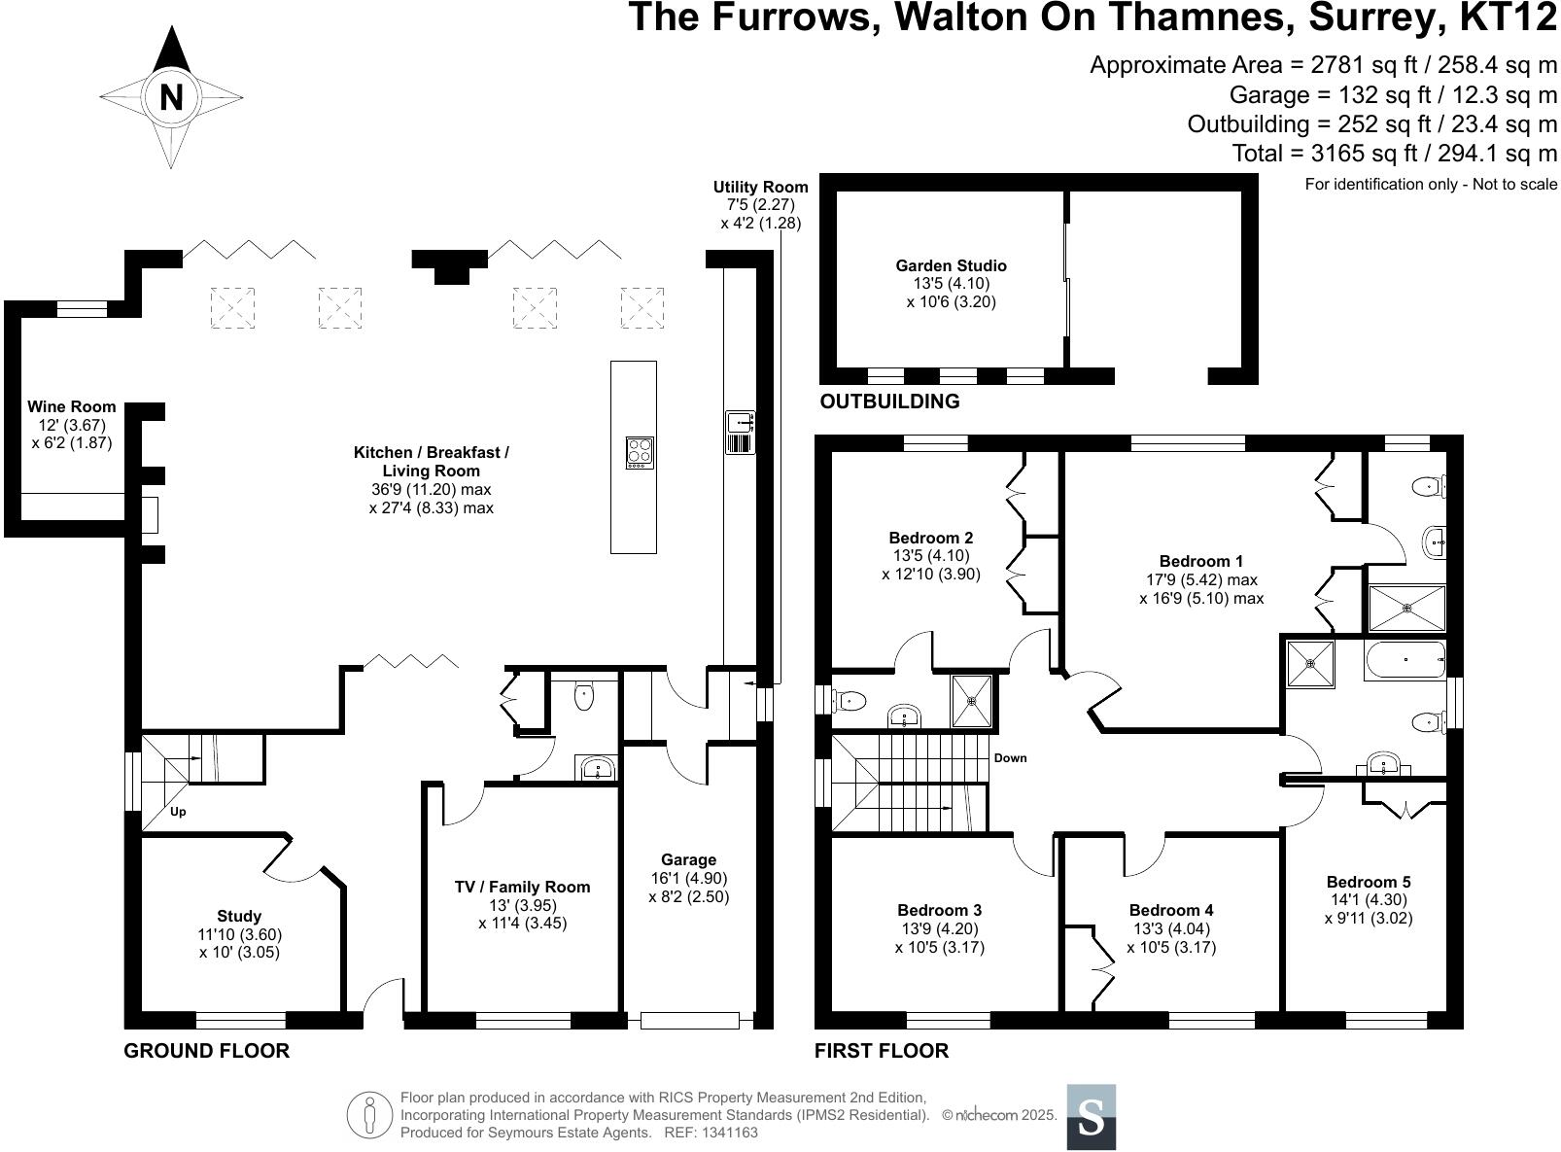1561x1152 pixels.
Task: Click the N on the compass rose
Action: pos(171,97)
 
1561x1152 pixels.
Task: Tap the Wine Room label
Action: pos(71,407)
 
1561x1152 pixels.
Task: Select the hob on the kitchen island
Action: pos(639,453)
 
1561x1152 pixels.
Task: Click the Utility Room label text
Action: pos(760,188)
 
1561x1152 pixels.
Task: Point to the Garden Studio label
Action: pos(951,265)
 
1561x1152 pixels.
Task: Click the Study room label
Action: pos(239,916)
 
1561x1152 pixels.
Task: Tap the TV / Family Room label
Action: pos(522,887)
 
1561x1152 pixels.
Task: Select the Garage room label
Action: pos(688,859)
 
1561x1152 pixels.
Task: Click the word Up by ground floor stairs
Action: pos(178,812)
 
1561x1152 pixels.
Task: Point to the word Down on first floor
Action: pos(1010,758)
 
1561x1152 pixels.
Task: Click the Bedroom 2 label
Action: pos(930,538)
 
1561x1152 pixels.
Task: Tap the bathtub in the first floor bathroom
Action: pos(1405,660)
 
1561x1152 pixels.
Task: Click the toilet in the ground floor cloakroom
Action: pos(583,696)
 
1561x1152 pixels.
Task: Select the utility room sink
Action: pos(740,423)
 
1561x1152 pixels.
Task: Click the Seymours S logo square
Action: pos(1091,1117)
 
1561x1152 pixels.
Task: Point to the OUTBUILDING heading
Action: pos(889,401)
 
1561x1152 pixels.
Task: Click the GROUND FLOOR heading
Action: pos(206,1051)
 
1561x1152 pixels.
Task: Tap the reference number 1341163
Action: pos(724,1133)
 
